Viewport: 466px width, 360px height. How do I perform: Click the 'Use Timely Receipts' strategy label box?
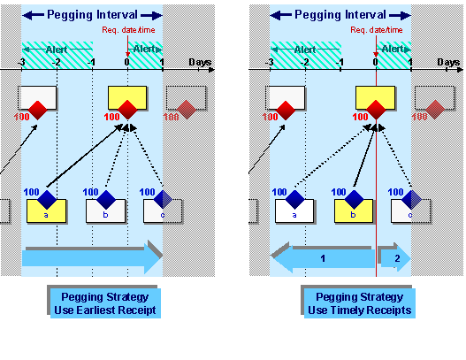pos(359,303)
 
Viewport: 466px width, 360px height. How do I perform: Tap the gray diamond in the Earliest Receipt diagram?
pos(186,110)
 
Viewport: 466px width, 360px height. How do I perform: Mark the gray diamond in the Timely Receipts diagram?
pos(434,110)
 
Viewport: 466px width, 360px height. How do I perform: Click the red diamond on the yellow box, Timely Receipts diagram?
pos(376,110)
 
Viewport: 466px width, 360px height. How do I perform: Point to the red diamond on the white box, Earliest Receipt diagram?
pos(37,110)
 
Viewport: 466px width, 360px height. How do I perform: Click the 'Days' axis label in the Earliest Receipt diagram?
pos(200,62)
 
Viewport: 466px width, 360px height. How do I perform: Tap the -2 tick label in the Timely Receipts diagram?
pos(305,63)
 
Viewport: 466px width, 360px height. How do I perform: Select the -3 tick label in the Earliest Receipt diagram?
pos(20,63)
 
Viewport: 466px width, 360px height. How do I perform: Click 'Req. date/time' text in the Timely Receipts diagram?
pos(374,31)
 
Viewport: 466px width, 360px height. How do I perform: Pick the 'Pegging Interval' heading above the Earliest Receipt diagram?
pos(92,15)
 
